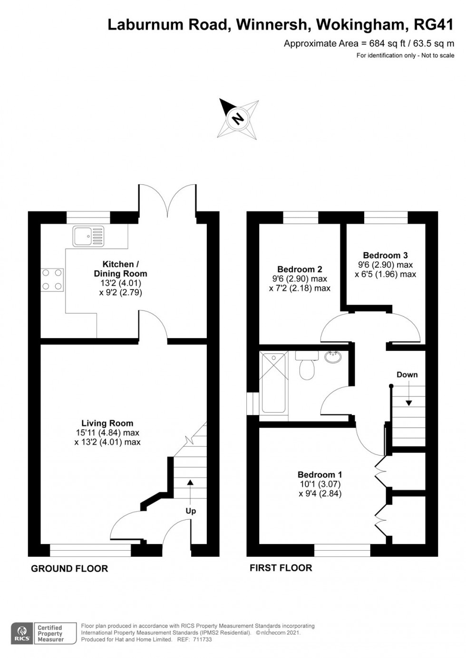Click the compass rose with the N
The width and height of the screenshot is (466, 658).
click(238, 118)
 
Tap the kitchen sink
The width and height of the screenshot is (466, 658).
click(88, 236)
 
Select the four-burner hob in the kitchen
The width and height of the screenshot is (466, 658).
click(52, 280)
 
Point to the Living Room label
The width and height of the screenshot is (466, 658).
click(107, 423)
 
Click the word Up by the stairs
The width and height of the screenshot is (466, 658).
click(191, 511)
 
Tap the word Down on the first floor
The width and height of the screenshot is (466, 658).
click(407, 375)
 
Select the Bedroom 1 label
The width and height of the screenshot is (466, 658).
click(320, 474)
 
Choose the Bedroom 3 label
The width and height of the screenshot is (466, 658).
click(385, 255)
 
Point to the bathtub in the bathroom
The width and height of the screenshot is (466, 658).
click(274, 383)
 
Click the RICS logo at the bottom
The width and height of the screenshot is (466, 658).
click(22, 633)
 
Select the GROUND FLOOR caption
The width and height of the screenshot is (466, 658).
click(69, 568)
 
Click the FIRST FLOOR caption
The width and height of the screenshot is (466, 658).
click(281, 568)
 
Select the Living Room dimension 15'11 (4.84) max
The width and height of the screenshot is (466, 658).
click(107, 432)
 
